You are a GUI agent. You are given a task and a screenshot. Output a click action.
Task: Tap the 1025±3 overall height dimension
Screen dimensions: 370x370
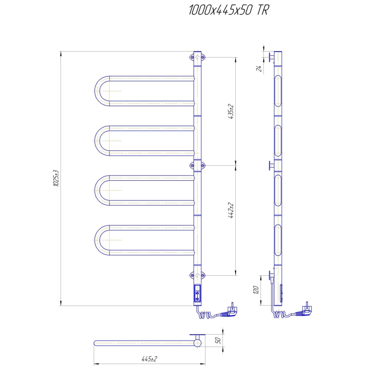click(x=56, y=179)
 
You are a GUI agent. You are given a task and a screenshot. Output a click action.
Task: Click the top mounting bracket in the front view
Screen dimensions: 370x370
click(x=197, y=57)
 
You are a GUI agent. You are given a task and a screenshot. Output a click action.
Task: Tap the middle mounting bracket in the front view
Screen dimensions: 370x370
click(x=197, y=165)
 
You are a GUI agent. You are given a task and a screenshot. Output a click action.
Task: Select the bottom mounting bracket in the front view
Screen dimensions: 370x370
click(x=197, y=275)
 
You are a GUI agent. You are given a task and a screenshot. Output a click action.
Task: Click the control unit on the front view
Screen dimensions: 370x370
click(x=198, y=294)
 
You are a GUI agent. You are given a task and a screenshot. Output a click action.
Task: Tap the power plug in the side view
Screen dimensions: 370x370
click(x=304, y=311)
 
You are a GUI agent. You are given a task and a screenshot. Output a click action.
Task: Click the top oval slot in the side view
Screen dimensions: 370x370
click(x=278, y=90)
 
